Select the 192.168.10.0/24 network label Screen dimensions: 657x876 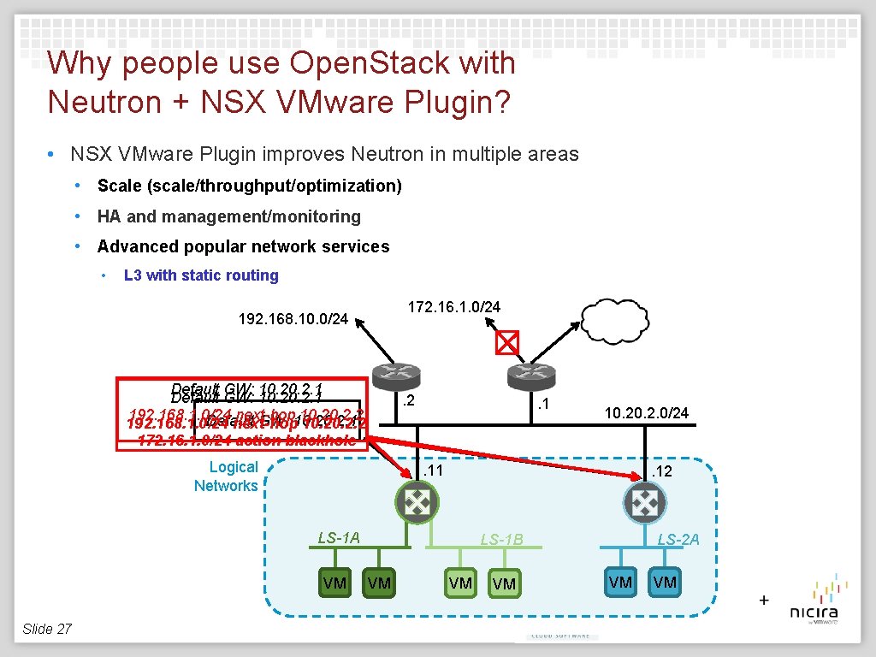(293, 320)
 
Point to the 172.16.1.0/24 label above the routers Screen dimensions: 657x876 (454, 305)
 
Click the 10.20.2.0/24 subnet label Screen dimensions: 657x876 (646, 413)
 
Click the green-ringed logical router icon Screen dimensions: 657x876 (417, 501)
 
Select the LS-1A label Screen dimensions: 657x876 (339, 537)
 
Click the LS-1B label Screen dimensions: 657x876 (501, 539)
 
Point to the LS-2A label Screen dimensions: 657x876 (678, 538)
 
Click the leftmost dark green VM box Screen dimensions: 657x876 (335, 583)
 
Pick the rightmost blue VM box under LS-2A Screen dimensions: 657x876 (665, 583)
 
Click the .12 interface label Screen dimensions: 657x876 (661, 471)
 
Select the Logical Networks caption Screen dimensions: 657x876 (227, 476)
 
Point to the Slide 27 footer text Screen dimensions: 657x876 (47, 629)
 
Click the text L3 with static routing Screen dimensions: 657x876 (201, 275)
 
